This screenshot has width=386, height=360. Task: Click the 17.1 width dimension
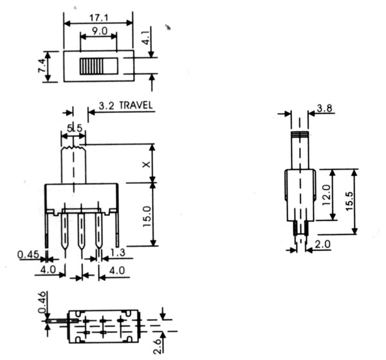tap(98, 18)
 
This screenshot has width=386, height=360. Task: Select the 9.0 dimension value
tap(100, 31)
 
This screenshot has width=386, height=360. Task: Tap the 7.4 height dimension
tap(42, 66)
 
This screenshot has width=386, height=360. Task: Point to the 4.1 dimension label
tap(147, 37)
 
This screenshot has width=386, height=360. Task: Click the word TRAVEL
tap(136, 105)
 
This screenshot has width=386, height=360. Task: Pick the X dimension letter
tap(146, 164)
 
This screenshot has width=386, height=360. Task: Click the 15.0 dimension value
tap(147, 217)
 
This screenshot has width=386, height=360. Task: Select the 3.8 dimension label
tap(324, 108)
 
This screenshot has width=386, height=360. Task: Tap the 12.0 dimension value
tap(326, 195)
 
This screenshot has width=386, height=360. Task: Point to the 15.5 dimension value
tap(349, 201)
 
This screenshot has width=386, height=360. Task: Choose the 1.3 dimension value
tap(118, 253)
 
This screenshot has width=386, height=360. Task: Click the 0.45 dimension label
tap(28, 255)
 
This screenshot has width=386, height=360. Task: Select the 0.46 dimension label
tap(42, 302)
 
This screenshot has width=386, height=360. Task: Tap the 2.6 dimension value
tap(157, 346)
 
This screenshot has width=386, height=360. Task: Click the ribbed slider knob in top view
tap(91, 66)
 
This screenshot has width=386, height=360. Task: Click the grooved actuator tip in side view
tap(300, 134)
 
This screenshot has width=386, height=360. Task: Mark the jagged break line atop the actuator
tap(73, 147)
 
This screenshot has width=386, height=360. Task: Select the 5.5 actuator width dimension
tap(75, 128)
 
